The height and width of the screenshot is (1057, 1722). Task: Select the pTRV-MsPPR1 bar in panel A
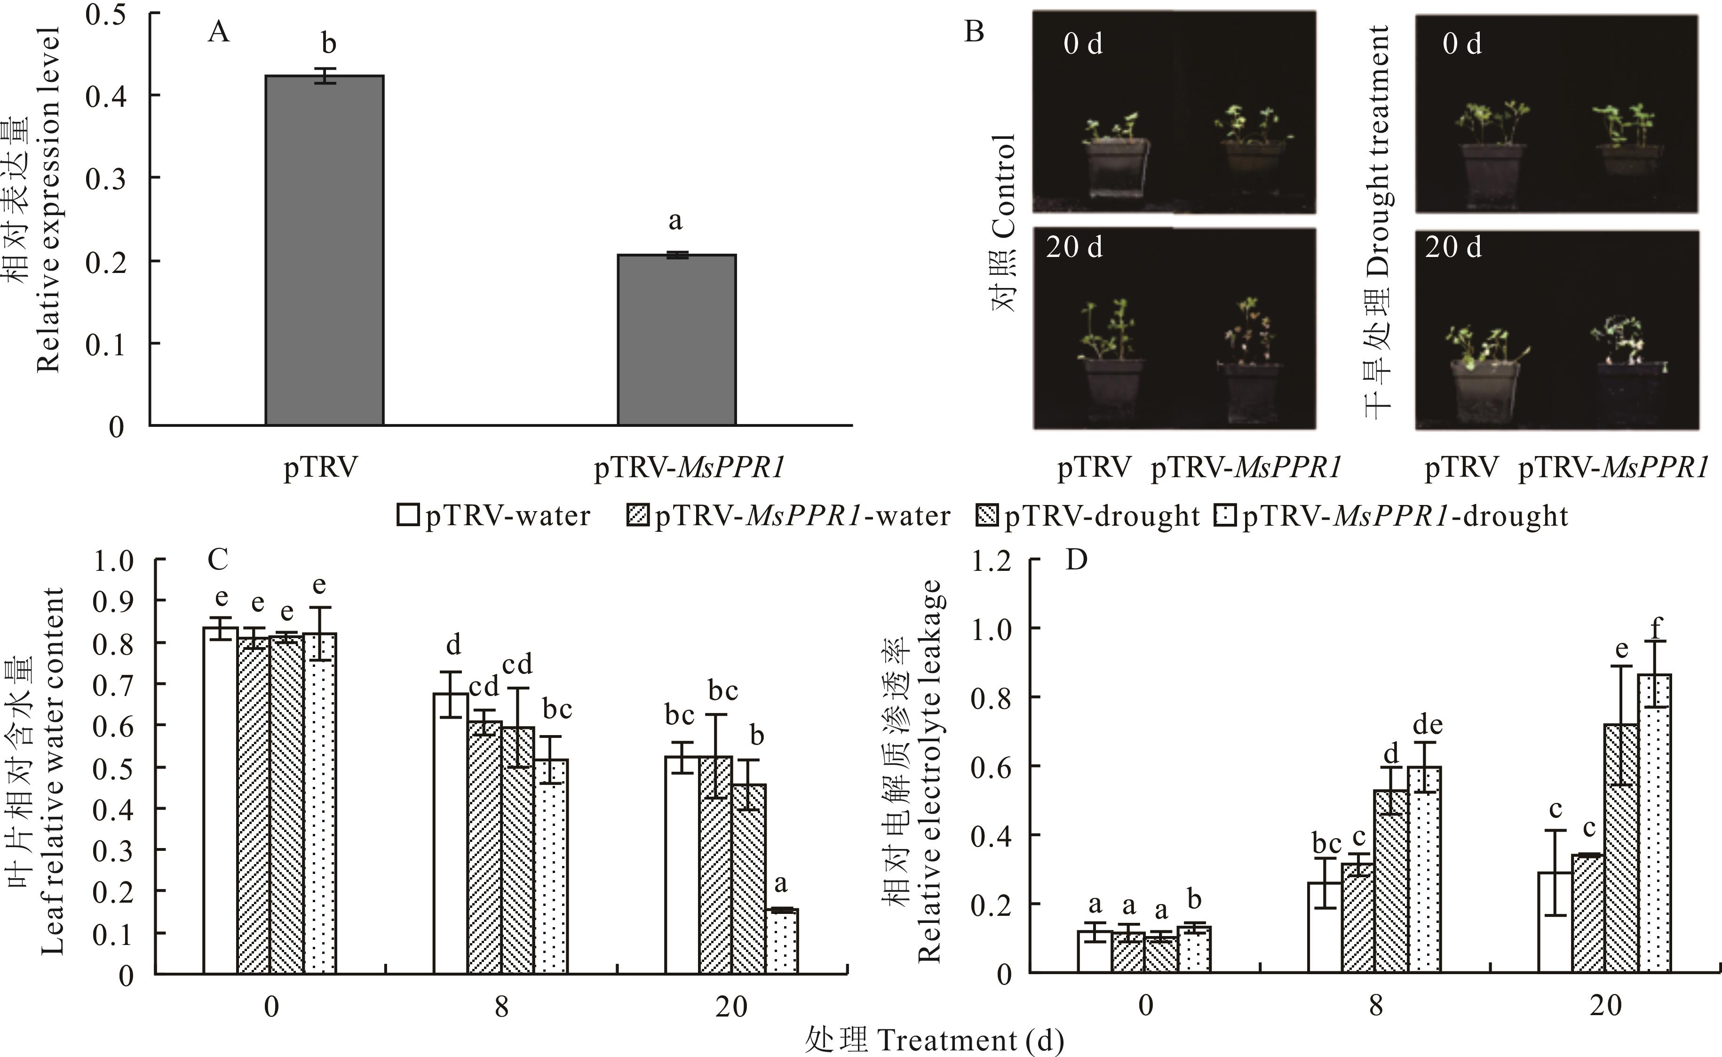(x=676, y=340)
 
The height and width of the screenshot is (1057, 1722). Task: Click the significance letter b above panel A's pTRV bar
(x=328, y=43)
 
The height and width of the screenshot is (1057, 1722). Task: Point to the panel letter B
(x=974, y=32)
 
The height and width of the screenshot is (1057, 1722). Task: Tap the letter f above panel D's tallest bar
(x=1655, y=628)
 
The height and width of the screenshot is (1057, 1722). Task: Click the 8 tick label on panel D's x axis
(x=1375, y=1005)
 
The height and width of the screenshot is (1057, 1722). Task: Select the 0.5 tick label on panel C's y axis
(x=113, y=768)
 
